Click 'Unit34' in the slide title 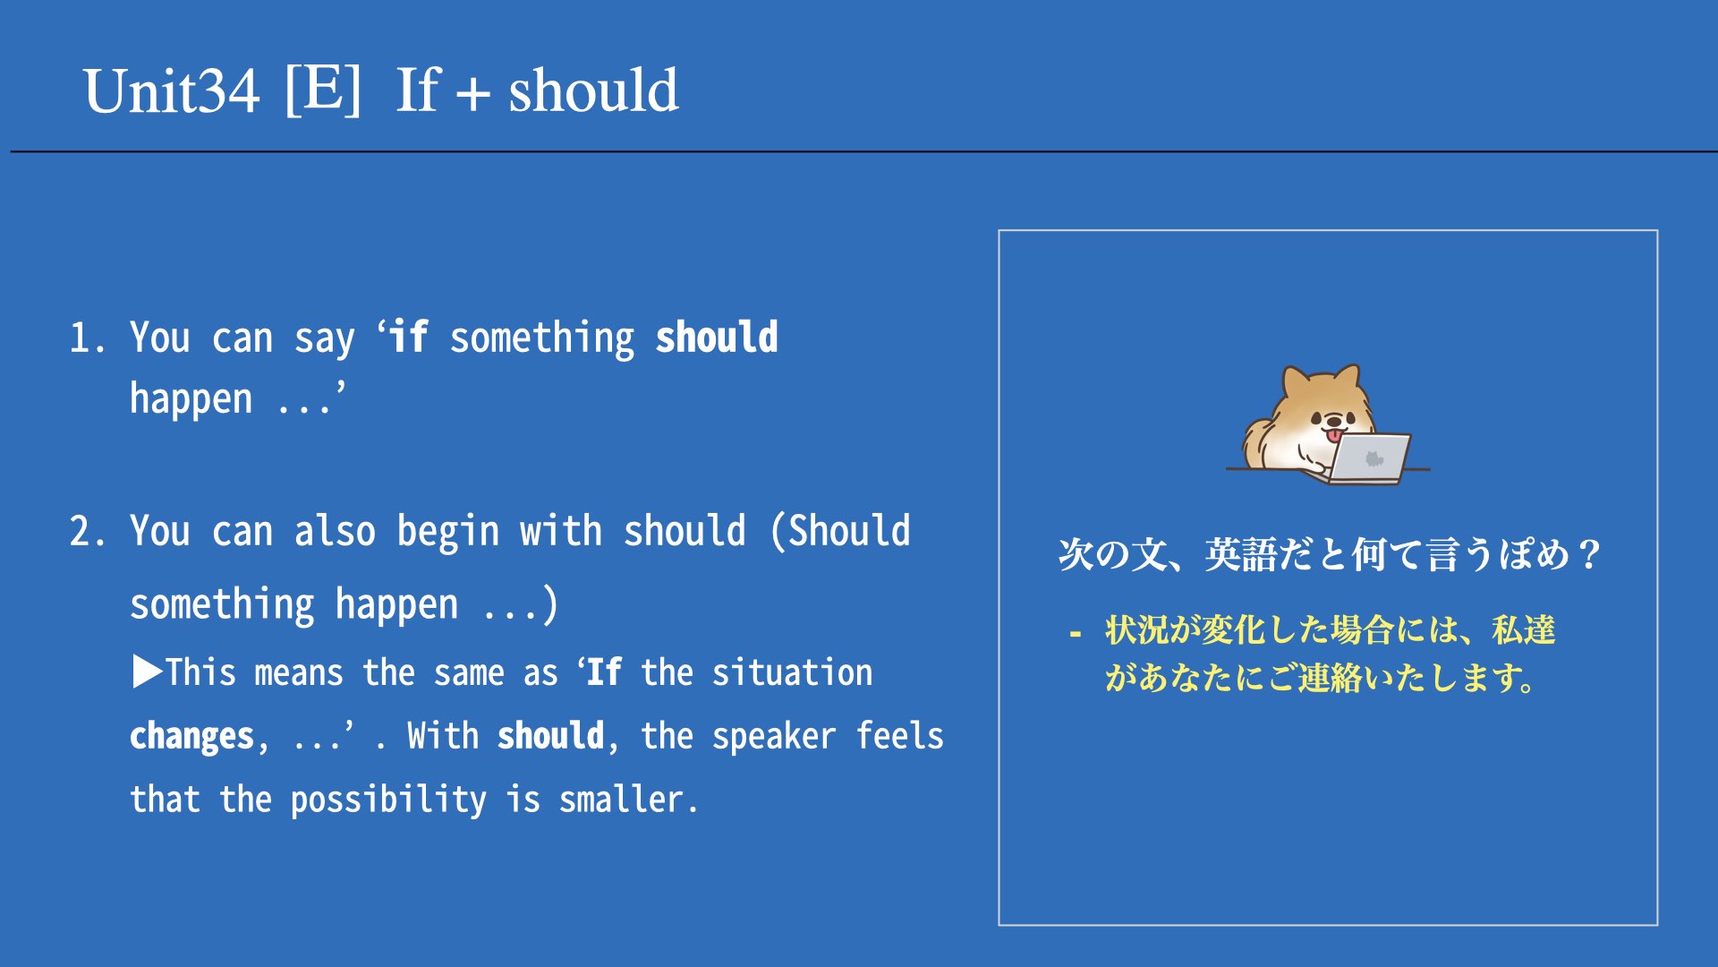coord(171,90)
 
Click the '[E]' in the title coord(323,89)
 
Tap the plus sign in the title coord(472,93)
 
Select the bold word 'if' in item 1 coord(409,337)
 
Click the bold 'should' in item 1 coord(717,338)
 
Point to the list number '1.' coord(88,338)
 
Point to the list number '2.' coord(88,531)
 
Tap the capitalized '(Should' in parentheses coord(841,531)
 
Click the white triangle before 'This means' coord(148,672)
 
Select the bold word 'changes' coord(192,737)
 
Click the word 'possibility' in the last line coord(388,800)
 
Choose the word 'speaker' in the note coord(774,737)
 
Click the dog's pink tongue coord(1334,436)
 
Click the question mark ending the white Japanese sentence coord(1589,554)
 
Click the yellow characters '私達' coord(1524,629)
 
